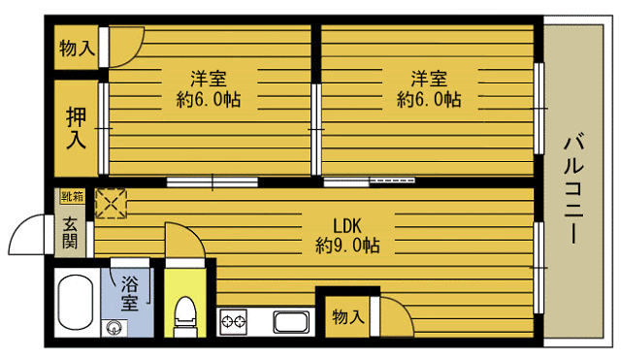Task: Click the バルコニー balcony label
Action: coord(573,189)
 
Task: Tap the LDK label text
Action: coord(347,226)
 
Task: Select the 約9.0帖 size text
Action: coord(347,245)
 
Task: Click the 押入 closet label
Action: coord(76,128)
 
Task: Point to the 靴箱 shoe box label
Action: coord(73,196)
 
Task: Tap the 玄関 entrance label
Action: coord(70,233)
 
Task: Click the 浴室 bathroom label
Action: coord(129,293)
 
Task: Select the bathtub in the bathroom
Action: coord(76,302)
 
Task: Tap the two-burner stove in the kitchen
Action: coord(234,321)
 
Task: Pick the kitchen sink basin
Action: coord(291,322)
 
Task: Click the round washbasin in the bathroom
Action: coord(114,328)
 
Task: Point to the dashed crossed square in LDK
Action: coord(112,203)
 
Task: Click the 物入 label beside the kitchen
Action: coord(348,317)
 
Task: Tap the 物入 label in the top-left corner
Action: coord(78,49)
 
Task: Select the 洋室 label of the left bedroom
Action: coord(209,79)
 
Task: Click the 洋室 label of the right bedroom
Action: coord(429,79)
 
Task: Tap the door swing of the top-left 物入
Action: coord(134,55)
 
